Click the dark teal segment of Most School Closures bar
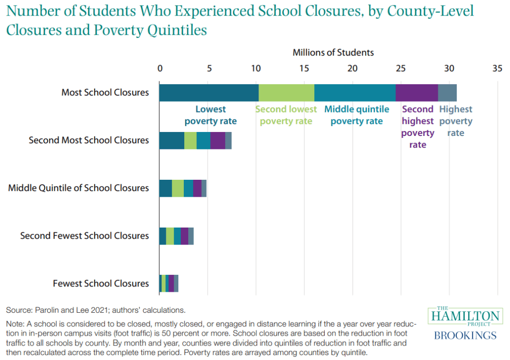pyautogui.click(x=209, y=93)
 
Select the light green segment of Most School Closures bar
pyautogui.click(x=286, y=93)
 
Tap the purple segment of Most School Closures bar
pyautogui.click(x=416, y=93)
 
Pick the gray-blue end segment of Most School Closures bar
pyautogui.click(x=447, y=93)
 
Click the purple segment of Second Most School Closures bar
pyautogui.click(x=218, y=141)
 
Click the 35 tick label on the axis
pyautogui.click(x=496, y=68)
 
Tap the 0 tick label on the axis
pyautogui.click(x=160, y=68)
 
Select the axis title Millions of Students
pyautogui.click(x=333, y=52)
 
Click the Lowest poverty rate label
pyautogui.click(x=210, y=115)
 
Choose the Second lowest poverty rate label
pyautogui.click(x=286, y=115)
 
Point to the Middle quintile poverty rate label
pyautogui.click(x=357, y=115)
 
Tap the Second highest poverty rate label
pyautogui.click(x=417, y=127)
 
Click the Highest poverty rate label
pyautogui.click(x=455, y=121)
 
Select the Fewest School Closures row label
pyautogui.click(x=101, y=283)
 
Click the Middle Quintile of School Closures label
pyautogui.click(x=79, y=188)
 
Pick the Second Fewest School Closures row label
pyautogui.click(x=85, y=236)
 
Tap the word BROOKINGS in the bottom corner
pyautogui.click(x=465, y=335)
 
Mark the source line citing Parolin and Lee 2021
pyautogui.click(x=96, y=310)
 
